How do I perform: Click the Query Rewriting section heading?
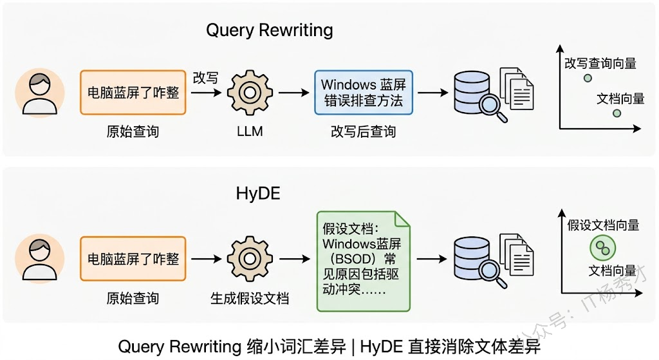tap(269, 30)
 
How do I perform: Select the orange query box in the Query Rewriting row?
tap(133, 93)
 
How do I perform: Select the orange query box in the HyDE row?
tap(133, 259)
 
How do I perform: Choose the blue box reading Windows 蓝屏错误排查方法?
tap(363, 93)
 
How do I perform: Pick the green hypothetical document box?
tap(363, 260)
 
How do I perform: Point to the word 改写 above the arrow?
tap(205, 78)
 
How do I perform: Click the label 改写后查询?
tap(363, 132)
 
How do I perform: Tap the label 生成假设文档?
tap(249, 298)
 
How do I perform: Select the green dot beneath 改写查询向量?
tap(588, 79)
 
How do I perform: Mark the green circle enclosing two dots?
tap(602, 247)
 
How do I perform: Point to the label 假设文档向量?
tap(603, 225)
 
